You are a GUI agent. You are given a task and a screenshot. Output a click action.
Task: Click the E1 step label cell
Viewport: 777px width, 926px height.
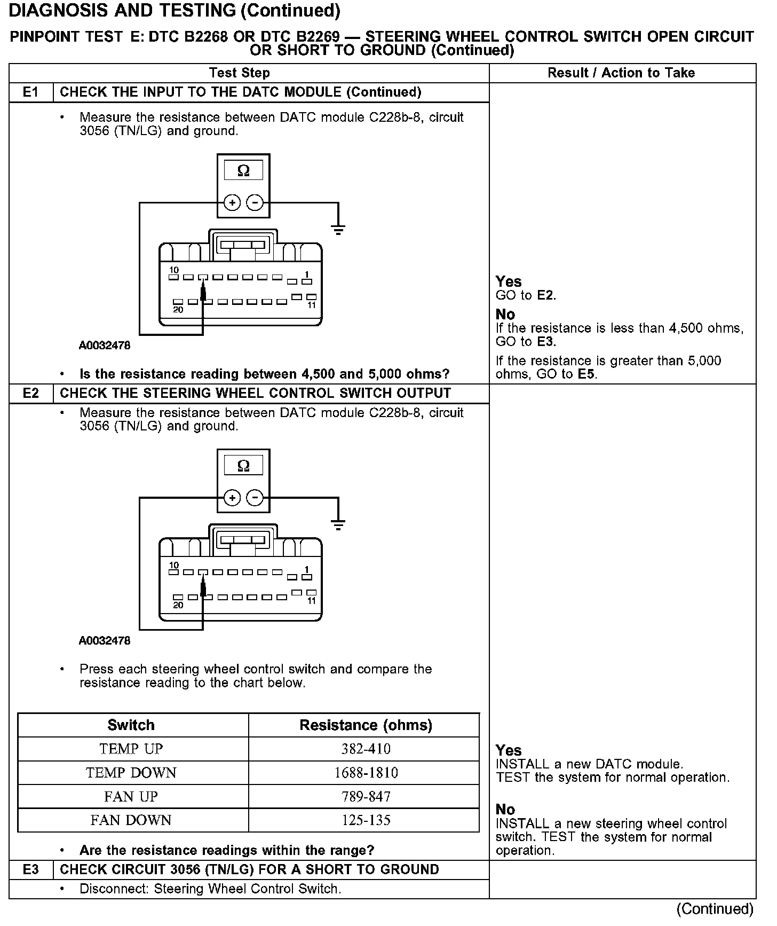pos(31,92)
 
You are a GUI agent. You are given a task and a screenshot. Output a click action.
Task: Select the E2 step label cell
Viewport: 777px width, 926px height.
pos(31,394)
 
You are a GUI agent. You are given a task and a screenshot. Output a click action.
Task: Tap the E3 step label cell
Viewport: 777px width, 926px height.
pos(31,870)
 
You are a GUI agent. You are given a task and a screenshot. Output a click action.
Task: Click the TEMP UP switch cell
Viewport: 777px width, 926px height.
pos(131,749)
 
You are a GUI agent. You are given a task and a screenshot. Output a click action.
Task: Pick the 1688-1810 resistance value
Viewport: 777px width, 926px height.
pos(366,773)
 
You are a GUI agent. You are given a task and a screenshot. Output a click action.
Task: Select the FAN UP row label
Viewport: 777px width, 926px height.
pos(131,797)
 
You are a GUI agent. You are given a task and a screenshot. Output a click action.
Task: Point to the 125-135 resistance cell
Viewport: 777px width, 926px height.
pos(366,820)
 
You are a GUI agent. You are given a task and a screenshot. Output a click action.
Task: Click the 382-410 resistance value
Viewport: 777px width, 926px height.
pos(366,749)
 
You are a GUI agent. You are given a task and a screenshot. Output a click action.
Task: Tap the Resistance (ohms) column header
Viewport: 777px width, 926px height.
pos(366,725)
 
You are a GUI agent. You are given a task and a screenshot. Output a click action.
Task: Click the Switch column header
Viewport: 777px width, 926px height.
pos(131,725)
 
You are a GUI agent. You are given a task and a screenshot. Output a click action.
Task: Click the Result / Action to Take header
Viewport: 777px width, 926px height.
pos(621,73)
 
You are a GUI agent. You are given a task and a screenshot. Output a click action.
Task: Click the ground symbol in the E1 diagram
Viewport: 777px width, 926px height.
pos(338,230)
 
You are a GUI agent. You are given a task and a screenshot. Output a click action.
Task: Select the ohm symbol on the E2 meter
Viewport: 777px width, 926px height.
pos(243,466)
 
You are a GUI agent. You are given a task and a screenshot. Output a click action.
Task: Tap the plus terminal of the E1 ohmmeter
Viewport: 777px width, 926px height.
pos(232,203)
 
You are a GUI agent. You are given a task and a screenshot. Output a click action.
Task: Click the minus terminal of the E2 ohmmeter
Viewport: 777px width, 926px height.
pos(256,498)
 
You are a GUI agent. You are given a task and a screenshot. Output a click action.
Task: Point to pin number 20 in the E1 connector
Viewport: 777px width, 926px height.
pos(178,310)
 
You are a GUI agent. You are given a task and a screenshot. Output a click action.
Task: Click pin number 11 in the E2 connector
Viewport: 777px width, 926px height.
pos(312,601)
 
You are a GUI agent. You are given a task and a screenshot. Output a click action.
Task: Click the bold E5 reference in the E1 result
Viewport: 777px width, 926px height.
pos(586,374)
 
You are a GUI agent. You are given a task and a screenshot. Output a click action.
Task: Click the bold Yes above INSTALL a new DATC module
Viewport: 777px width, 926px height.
pos(509,750)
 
